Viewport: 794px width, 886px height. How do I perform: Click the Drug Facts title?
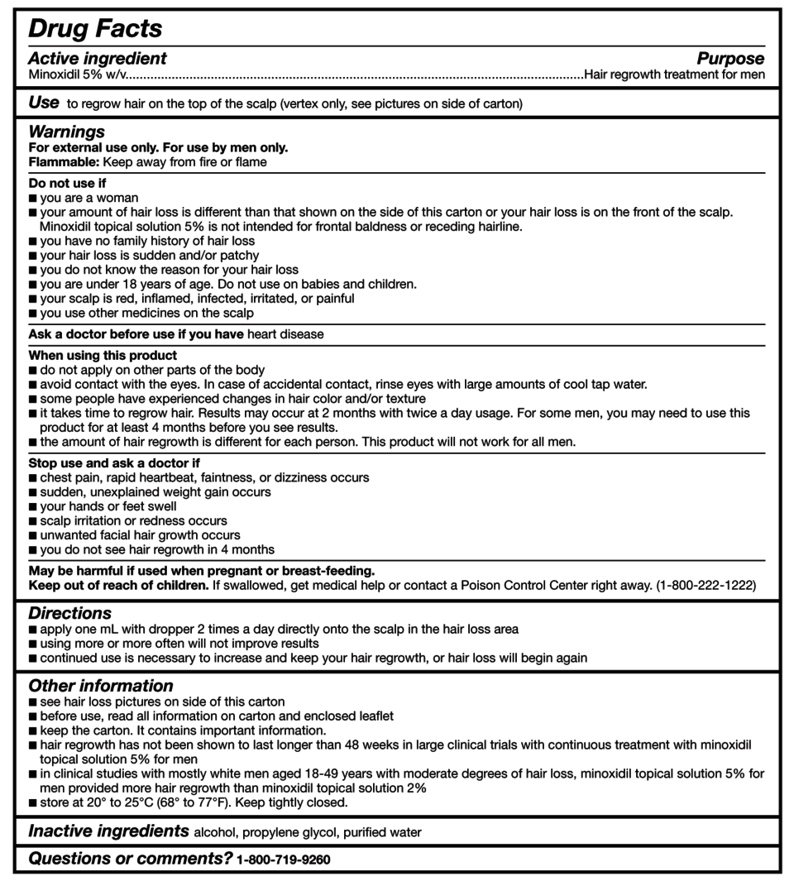pos(94,29)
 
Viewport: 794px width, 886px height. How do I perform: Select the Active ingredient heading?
pos(97,59)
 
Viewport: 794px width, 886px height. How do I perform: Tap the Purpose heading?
pos(730,59)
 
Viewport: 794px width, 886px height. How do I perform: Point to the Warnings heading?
pos(66,132)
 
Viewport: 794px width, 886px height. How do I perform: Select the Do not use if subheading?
pos(67,183)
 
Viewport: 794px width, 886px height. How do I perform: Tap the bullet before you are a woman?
pos(32,199)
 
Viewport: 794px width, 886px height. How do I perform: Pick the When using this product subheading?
pos(103,356)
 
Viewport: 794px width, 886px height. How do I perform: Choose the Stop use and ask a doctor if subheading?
pos(114,463)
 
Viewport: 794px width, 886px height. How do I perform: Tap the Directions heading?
pos(69,613)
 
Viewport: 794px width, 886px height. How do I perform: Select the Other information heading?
pos(101,686)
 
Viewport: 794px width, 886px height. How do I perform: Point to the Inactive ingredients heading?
pos(108,831)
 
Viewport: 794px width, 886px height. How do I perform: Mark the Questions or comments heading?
pos(130,859)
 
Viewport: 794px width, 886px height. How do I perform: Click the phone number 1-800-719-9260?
pos(283,860)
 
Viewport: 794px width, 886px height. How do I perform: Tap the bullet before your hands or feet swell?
pos(32,506)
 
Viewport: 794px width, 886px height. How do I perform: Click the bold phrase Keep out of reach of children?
pos(118,585)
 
